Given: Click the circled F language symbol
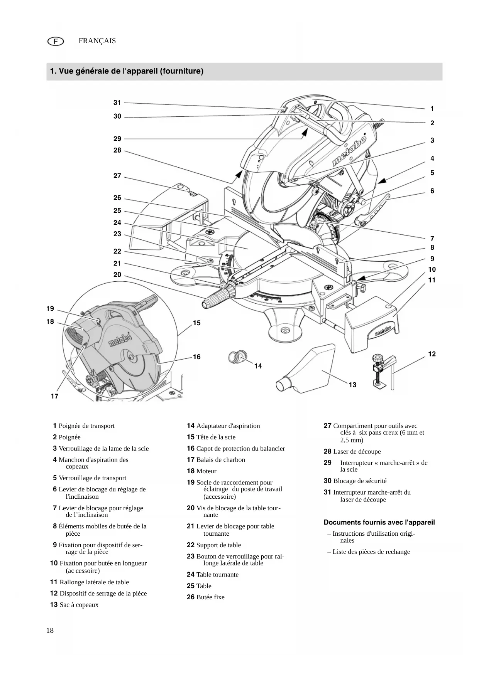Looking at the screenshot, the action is pos(56,41).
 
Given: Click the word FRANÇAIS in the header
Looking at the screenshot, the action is pos(97,41).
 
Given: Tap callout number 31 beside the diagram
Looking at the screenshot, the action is pos(117,103).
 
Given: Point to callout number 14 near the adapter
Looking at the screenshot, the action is pos(258,366).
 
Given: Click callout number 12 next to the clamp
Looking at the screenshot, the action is pos(432,354).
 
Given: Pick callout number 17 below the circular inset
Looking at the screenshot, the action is pos(54,396).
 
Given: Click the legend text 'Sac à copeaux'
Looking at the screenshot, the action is pos(79,605).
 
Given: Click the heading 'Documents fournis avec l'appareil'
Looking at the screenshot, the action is pos(379,522).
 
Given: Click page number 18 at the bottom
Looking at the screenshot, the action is pos(50,631).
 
